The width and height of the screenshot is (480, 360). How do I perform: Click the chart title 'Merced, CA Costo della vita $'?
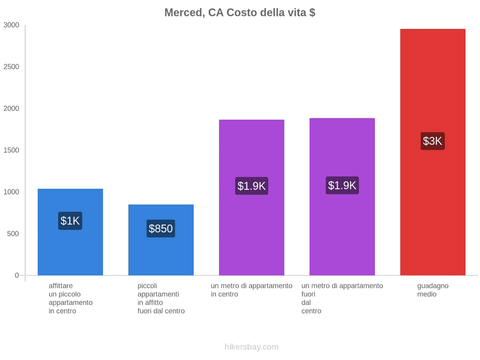pyautogui.click(x=239, y=13)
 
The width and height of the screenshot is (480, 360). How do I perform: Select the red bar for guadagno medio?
pyautogui.click(x=433, y=152)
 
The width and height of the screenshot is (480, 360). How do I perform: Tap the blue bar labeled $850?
pyautogui.click(x=161, y=240)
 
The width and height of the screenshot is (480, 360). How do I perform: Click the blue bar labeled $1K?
pyautogui.click(x=70, y=232)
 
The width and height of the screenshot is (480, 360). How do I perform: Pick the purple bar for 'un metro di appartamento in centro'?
pyautogui.click(x=251, y=197)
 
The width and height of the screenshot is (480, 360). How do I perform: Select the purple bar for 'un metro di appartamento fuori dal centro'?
pyautogui.click(x=342, y=197)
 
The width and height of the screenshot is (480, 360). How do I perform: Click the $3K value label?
pyautogui.click(x=433, y=141)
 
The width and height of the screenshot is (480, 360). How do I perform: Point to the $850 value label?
pyautogui.click(x=161, y=228)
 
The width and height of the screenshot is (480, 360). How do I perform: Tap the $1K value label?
pyautogui.click(x=70, y=221)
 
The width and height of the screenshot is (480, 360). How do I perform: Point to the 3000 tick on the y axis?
pyautogui.click(x=11, y=25)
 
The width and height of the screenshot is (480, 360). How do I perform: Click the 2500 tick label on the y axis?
pyautogui.click(x=11, y=67)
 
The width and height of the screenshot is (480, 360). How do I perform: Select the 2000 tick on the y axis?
pyautogui.click(x=11, y=108)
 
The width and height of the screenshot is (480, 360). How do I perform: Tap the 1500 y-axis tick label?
pyautogui.click(x=11, y=150)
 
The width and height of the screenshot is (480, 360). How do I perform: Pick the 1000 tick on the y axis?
pyautogui.click(x=11, y=192)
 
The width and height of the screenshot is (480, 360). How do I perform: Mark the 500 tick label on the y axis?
pyautogui.click(x=13, y=234)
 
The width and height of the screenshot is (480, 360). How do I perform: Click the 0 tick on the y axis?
pyautogui.click(x=17, y=275)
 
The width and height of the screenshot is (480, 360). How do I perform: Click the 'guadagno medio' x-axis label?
pyautogui.click(x=433, y=290)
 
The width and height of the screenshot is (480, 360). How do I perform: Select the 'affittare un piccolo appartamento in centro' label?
pyautogui.click(x=70, y=299)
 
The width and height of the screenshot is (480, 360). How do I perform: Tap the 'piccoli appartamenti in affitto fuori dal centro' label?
pyautogui.click(x=161, y=299)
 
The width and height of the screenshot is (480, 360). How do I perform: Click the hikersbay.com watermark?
pyautogui.click(x=252, y=347)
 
